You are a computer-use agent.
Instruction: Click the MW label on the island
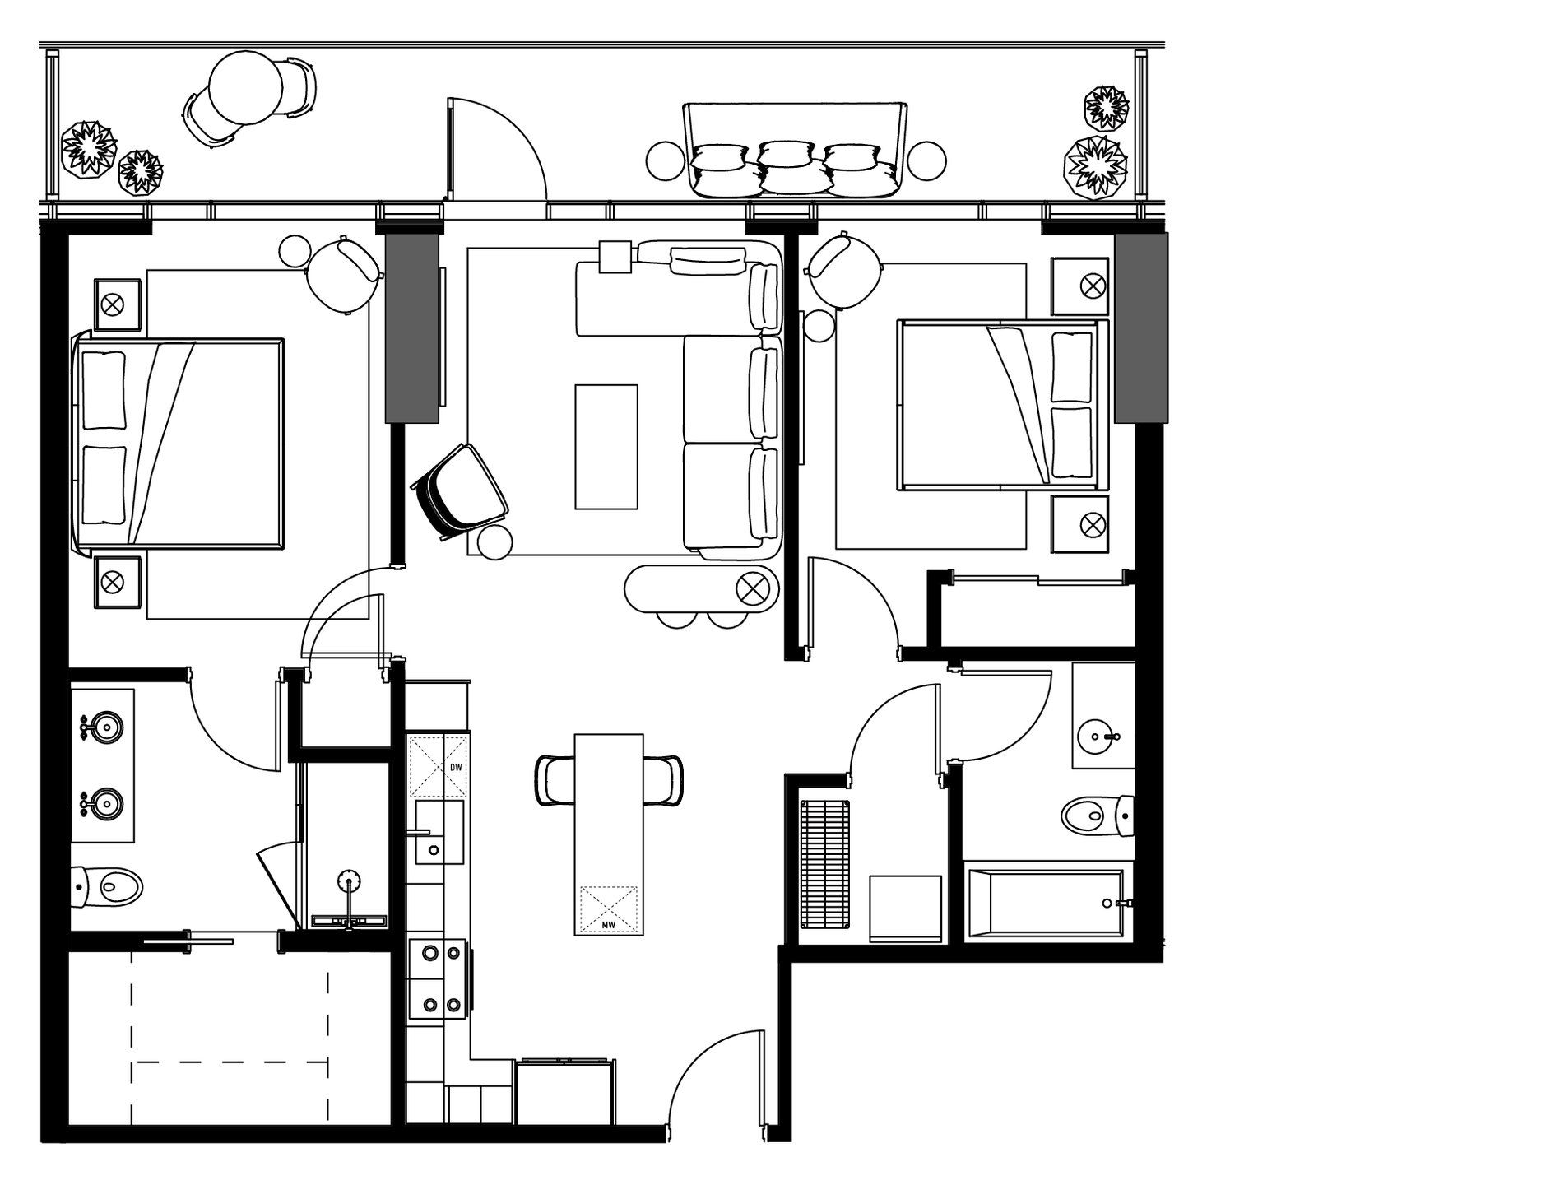pos(609,926)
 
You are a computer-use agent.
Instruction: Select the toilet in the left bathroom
pos(109,885)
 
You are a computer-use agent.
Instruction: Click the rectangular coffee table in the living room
pos(606,446)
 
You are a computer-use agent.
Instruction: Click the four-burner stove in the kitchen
pos(441,978)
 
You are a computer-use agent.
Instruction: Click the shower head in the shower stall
pos(349,879)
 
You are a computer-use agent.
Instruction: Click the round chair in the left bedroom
pos(343,275)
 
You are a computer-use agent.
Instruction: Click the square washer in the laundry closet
pos(905,908)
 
